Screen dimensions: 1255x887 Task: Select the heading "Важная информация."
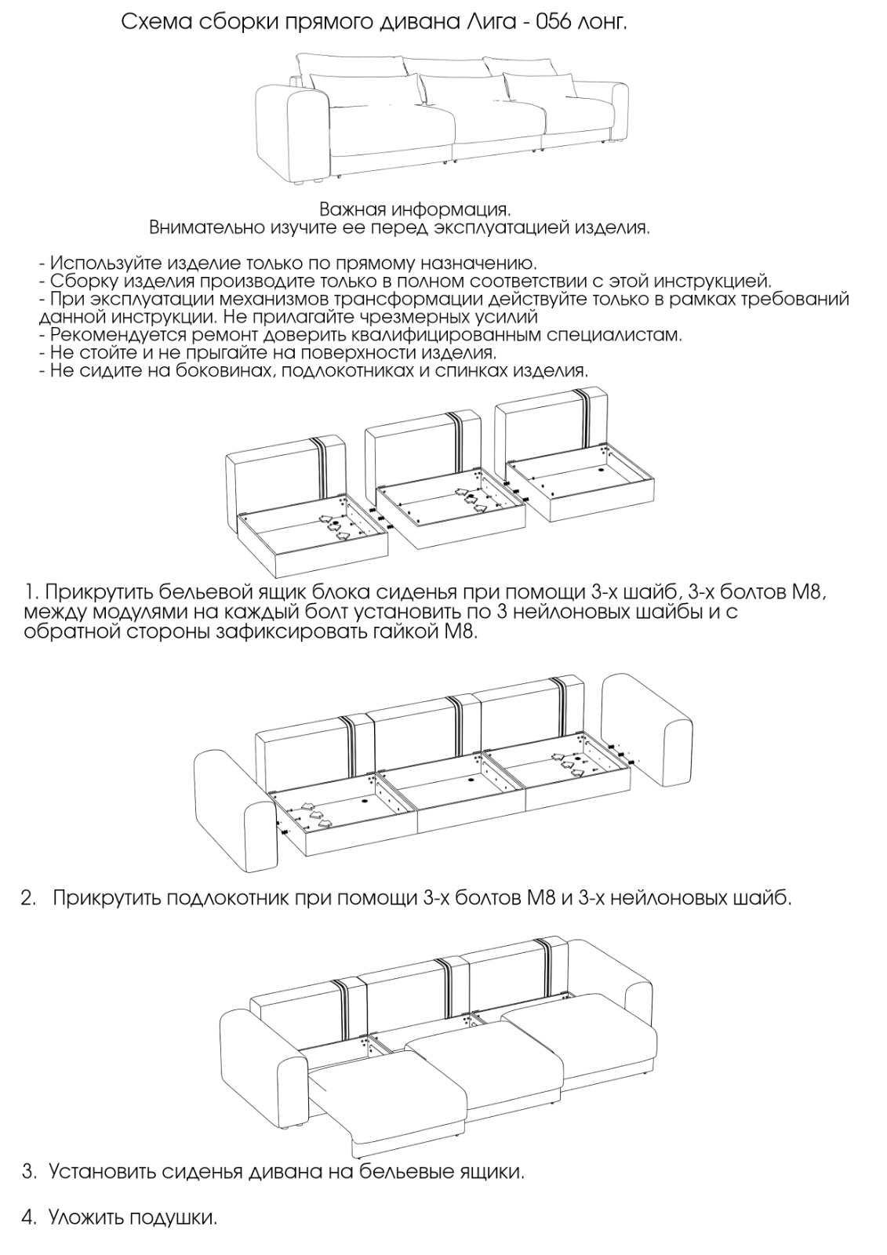[x=415, y=210]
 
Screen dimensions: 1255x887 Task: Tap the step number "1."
[x=31, y=591]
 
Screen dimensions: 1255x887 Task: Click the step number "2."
[x=29, y=898]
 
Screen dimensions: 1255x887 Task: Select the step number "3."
[x=29, y=1172]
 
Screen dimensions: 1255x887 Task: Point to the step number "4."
[x=29, y=1218]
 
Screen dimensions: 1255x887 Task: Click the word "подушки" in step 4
[x=173, y=1218]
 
